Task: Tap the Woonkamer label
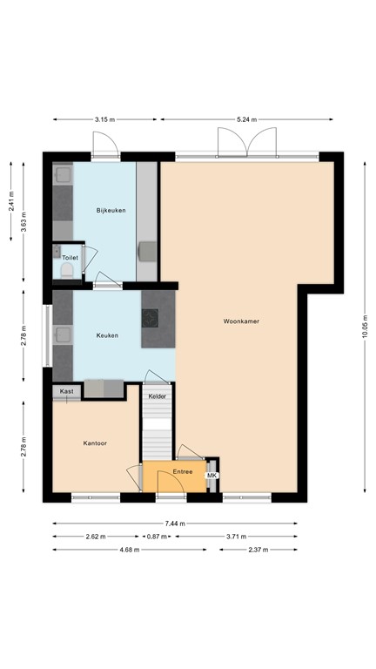coord(241,321)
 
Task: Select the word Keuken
coord(107,335)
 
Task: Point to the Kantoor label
coord(95,443)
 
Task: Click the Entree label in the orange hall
coord(182,471)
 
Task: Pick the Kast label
coord(66,392)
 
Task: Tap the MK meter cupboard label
coord(211,475)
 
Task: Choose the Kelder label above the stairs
coord(157,396)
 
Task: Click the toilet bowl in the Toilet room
coord(66,270)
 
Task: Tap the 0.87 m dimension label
coord(156,537)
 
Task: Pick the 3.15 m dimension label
coord(104,119)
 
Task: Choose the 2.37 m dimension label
coord(257,550)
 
